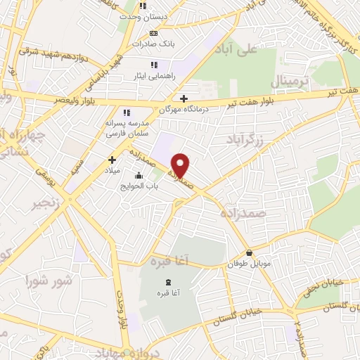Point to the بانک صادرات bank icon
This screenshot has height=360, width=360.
pyautogui.click(x=153, y=33)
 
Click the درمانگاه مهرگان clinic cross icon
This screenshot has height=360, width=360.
pyautogui.click(x=184, y=98)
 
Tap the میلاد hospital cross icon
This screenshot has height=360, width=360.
pyautogui.click(x=112, y=160)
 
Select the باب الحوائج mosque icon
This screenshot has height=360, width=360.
pyautogui.click(x=139, y=176)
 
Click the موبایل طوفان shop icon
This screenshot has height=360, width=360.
pyautogui.click(x=249, y=253)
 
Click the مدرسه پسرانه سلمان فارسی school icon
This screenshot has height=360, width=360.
pyautogui.click(x=127, y=112)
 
